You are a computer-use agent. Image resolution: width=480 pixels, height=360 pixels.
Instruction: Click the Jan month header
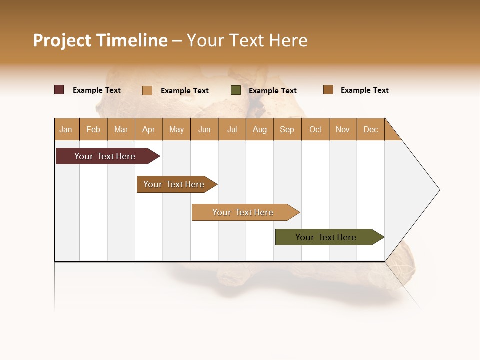(66, 129)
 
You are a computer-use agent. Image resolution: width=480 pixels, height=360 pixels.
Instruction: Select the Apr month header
(148, 129)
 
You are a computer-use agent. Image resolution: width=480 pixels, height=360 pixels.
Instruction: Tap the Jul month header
(232, 129)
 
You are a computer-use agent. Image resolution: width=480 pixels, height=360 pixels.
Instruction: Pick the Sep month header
(287, 129)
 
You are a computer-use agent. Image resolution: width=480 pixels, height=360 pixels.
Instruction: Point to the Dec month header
(370, 129)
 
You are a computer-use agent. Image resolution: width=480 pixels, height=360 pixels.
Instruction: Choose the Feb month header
(93, 129)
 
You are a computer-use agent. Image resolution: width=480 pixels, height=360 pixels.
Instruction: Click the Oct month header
(315, 129)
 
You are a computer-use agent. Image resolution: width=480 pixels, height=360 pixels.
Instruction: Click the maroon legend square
(59, 90)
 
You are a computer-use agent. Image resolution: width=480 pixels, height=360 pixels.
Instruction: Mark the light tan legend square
(147, 90)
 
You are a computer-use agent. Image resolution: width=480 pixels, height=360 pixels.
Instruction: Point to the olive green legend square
(236, 90)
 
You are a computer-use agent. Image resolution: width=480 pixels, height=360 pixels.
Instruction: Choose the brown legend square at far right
(328, 90)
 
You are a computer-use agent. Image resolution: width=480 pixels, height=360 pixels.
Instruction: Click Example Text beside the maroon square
(97, 90)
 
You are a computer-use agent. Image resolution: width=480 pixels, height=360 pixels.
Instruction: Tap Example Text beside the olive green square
(273, 91)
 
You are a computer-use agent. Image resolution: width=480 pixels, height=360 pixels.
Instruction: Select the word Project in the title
(62, 40)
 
